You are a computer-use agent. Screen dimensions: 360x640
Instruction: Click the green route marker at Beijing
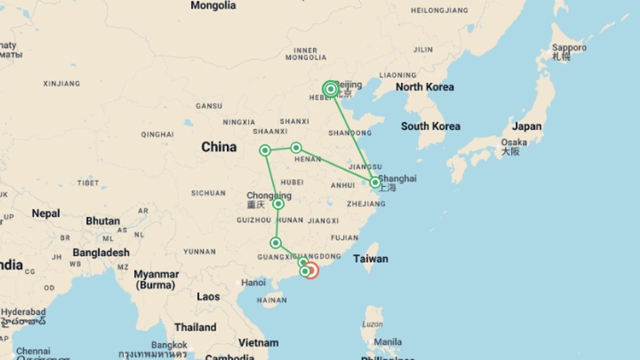(331, 89)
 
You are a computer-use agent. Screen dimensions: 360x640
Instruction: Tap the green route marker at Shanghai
(375, 182)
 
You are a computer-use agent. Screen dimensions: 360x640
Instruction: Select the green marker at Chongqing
(278, 204)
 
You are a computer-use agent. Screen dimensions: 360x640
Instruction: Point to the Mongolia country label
(213, 6)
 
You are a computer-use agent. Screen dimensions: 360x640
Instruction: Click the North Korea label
(425, 87)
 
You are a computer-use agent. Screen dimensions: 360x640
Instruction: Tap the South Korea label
(430, 126)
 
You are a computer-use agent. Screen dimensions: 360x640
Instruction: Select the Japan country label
(527, 126)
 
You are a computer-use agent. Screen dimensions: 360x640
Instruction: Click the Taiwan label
(371, 259)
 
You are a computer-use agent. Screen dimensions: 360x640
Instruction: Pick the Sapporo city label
(569, 48)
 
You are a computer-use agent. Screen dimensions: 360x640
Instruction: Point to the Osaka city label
(514, 143)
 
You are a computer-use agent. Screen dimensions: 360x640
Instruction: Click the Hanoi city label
(253, 283)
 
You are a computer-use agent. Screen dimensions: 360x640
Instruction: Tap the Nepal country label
(46, 213)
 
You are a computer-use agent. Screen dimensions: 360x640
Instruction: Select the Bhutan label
(103, 221)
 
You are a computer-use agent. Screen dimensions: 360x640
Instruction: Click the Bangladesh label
(101, 253)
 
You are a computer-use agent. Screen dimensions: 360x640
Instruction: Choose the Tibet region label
(88, 183)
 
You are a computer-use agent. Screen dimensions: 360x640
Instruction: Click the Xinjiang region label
(62, 84)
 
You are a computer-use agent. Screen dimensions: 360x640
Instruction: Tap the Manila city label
(388, 342)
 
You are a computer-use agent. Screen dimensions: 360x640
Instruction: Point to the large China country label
(219, 147)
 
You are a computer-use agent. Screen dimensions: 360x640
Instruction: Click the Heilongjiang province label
(439, 11)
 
